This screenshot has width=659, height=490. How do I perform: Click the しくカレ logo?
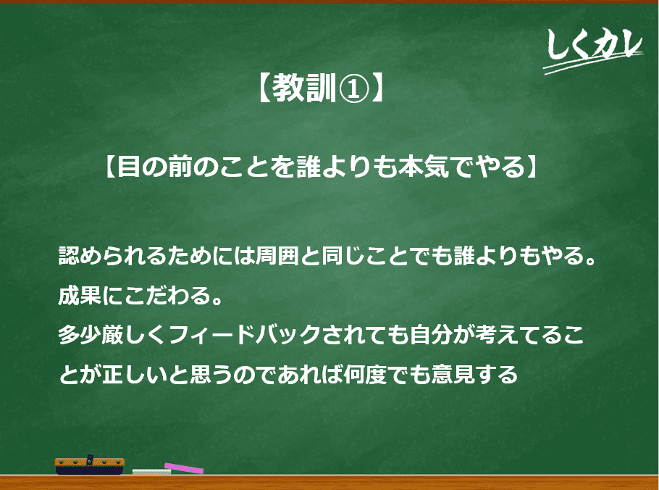pos(593,49)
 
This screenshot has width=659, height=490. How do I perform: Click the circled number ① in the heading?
pos(354,88)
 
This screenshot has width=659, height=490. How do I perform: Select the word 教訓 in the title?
pos(305,88)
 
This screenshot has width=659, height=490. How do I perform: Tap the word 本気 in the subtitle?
pos(424,166)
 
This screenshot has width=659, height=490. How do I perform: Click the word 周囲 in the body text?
pos(277,256)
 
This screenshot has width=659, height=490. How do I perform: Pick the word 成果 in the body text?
pos(80,295)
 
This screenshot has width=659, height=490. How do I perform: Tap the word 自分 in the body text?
pos(432,335)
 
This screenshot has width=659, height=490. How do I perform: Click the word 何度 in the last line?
pos(365,374)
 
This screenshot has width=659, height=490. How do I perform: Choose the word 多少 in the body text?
pos(80,335)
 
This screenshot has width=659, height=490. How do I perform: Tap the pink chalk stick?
pos(184,468)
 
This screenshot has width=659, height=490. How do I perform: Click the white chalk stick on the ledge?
pos(152,472)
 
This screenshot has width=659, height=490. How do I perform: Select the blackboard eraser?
pos(90,465)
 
